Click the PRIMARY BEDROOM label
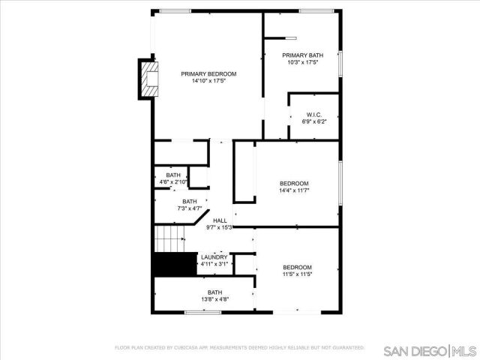208,73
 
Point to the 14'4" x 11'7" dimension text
294,190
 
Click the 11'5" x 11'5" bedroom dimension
297,274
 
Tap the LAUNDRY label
214,257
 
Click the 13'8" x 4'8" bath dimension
214,299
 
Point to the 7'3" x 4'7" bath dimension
190,208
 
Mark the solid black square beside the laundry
168,265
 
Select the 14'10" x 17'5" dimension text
208,81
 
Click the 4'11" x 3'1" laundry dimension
214,264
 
